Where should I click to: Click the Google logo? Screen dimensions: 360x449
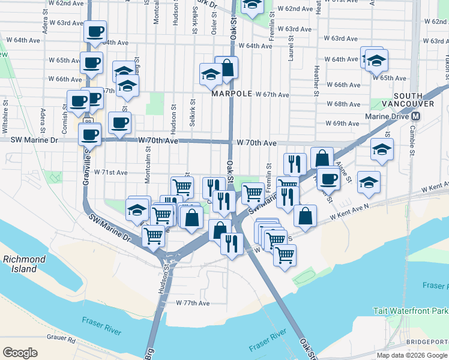pyautogui.click(x=20, y=352)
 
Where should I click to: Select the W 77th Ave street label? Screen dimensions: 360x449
pyautogui.click(x=193, y=303)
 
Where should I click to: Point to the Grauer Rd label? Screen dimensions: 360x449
pyautogui.click(x=62, y=340)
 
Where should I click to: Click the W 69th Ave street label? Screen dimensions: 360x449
pyautogui.click(x=342, y=124)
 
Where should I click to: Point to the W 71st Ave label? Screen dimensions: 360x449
pyautogui.click(x=111, y=172)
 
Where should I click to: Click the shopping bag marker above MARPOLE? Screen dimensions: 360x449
pyautogui.click(x=227, y=69)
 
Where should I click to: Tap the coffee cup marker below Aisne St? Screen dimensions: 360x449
pyautogui.click(x=328, y=178)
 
